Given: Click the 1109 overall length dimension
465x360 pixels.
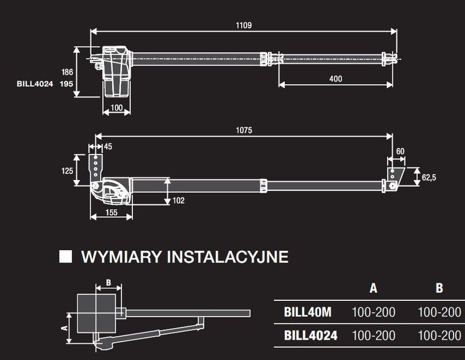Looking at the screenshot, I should tap(244, 26).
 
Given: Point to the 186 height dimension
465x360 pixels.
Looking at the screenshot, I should tap(67, 72).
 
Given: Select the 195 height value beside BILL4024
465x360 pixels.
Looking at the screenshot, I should tap(67, 84).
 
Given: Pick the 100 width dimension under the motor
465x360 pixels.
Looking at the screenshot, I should tap(117, 108).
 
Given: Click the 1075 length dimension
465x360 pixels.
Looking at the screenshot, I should tap(244, 131).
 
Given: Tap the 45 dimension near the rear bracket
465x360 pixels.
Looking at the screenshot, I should tap(108, 146).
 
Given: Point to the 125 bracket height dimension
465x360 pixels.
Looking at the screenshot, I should tap(67, 171).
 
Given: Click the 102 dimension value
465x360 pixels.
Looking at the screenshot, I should tap(178, 201).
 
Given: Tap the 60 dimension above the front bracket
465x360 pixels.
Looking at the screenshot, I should tap(400, 151).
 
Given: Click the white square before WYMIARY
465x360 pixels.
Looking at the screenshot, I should tap(66, 257).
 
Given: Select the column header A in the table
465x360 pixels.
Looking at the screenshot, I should tap(373, 288).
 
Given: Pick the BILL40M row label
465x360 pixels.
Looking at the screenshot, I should tap(307, 312).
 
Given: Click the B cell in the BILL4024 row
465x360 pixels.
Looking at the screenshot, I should tap(439, 336).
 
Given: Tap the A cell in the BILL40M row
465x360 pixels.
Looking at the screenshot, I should tap(373, 312).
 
